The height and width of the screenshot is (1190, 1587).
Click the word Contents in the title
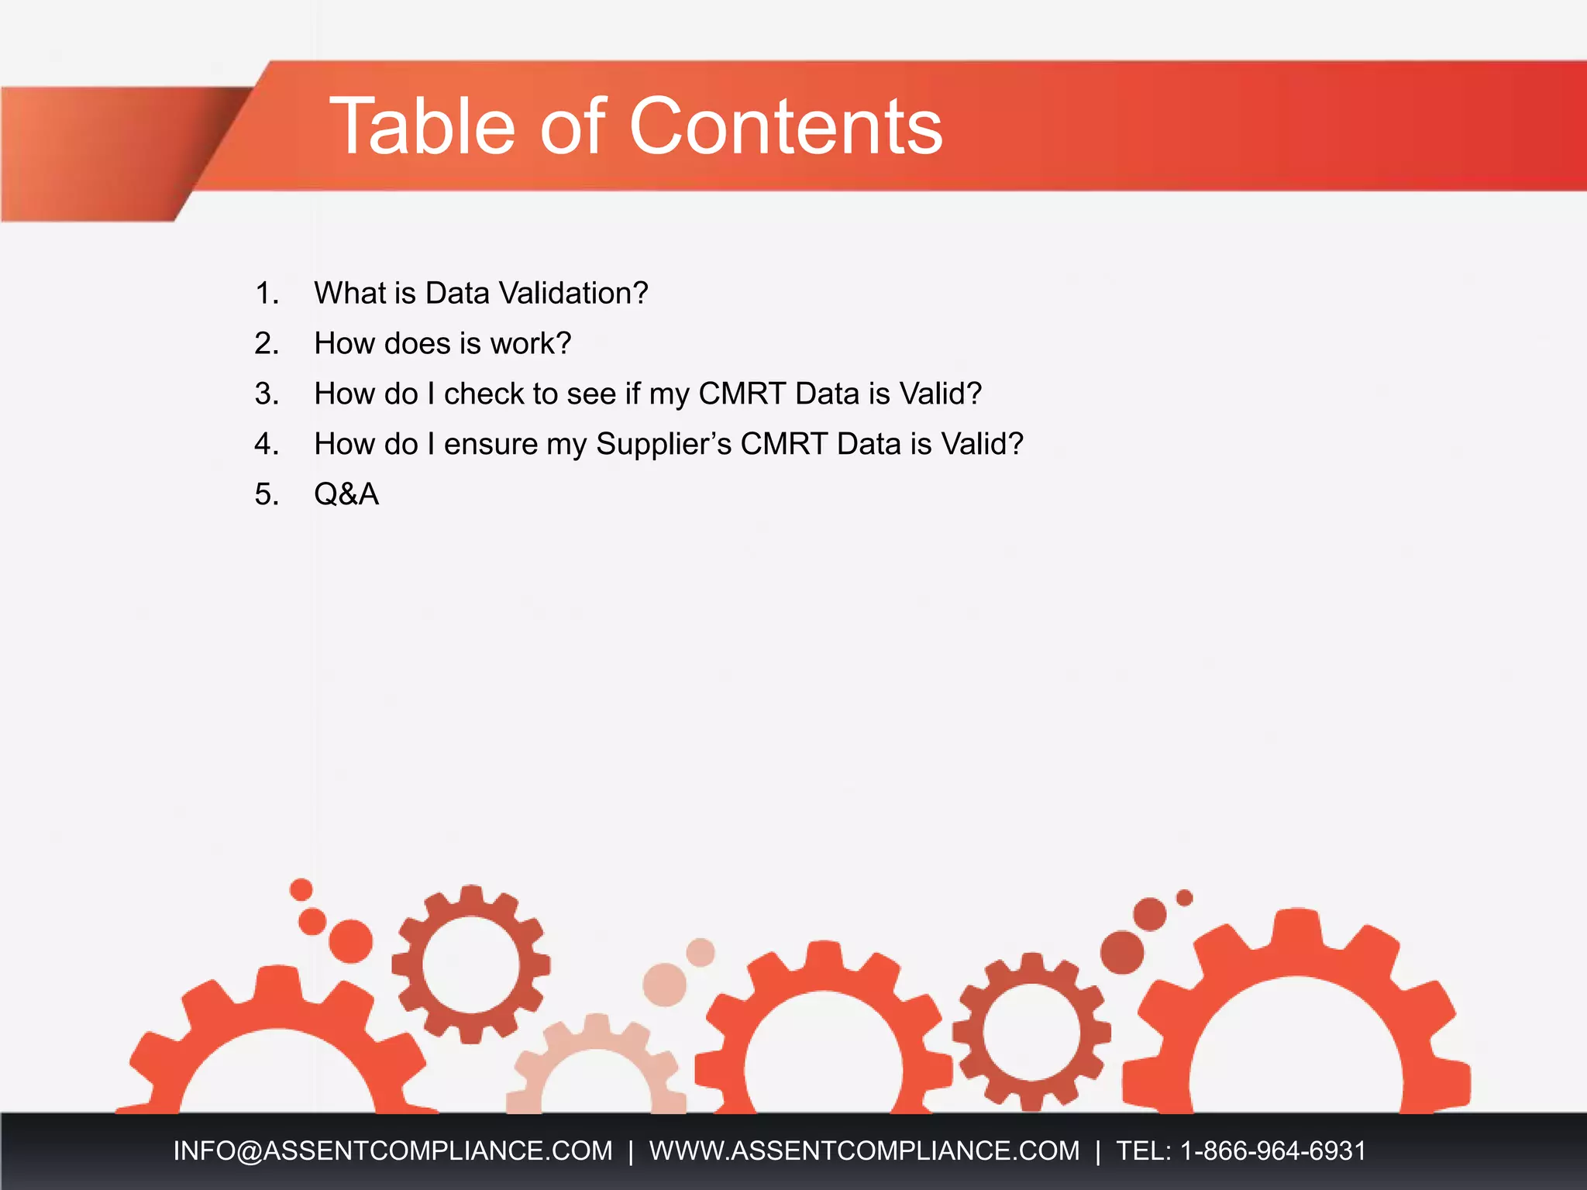tap(786, 126)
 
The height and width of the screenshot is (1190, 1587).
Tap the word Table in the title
tap(422, 126)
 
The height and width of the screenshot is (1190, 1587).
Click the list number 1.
tap(267, 294)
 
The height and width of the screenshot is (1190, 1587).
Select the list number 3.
tap(267, 394)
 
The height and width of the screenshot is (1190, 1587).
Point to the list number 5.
tap(267, 494)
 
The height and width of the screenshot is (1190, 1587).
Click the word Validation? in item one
tap(573, 294)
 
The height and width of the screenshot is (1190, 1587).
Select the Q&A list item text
tap(346, 494)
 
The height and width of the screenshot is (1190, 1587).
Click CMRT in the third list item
tap(742, 394)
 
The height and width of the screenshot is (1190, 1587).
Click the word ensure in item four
tap(491, 445)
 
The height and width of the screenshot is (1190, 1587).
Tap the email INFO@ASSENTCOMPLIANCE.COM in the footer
tap(393, 1150)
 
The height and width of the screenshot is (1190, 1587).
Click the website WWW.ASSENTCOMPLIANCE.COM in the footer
tap(864, 1150)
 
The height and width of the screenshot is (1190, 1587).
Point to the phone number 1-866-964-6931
tap(1272, 1150)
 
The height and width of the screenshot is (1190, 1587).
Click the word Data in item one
tap(457, 294)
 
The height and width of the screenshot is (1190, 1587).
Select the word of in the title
tap(572, 126)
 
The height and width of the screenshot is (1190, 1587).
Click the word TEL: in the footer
tap(1144, 1150)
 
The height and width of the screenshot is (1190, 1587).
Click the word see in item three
tap(591, 394)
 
